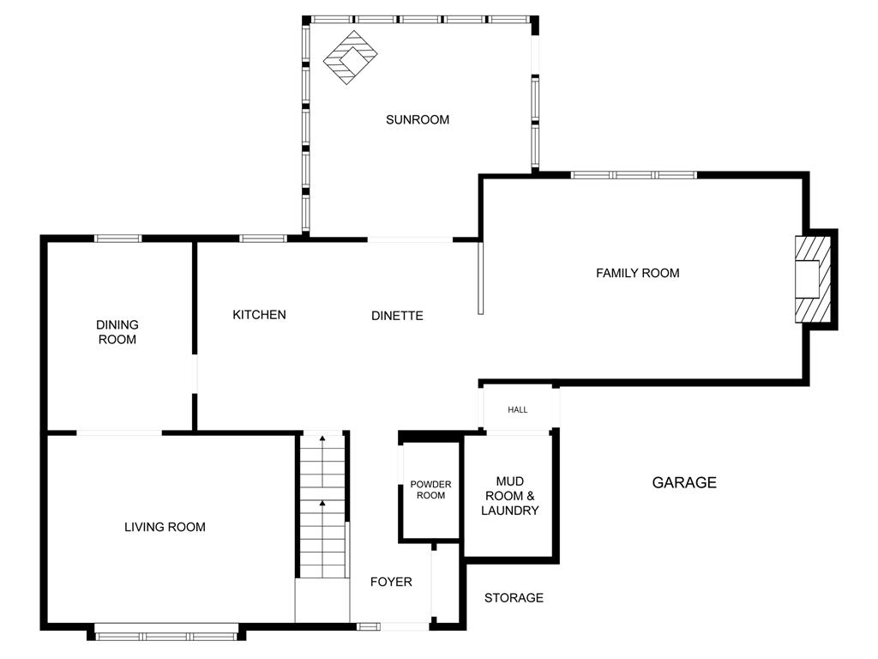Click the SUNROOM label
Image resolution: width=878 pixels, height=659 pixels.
click(x=418, y=119)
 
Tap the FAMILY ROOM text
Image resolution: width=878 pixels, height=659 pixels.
click(x=637, y=273)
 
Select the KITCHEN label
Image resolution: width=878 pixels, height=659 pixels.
click(x=259, y=314)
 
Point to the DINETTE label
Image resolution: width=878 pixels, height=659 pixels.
click(x=397, y=316)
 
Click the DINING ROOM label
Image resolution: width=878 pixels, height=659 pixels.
click(x=117, y=332)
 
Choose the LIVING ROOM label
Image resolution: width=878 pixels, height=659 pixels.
click(x=165, y=527)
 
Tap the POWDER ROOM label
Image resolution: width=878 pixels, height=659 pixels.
click(x=430, y=490)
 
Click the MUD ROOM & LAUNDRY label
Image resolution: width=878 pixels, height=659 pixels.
click(x=509, y=496)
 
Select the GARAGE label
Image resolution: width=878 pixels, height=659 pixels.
click(x=684, y=482)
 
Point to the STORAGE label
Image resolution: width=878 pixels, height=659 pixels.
click(x=514, y=598)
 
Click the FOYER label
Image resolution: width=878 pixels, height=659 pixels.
click(x=391, y=583)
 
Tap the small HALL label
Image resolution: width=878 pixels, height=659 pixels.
click(x=517, y=409)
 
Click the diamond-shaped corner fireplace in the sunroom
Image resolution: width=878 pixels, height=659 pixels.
click(x=351, y=57)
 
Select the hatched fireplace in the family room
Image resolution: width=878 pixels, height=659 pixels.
click(x=813, y=279)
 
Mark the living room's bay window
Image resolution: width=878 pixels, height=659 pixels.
click(x=166, y=635)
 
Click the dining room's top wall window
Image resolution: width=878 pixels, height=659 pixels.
click(x=117, y=239)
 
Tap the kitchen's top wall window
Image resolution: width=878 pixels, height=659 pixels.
click(x=263, y=239)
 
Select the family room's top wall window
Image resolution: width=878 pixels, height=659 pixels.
click(x=634, y=175)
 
